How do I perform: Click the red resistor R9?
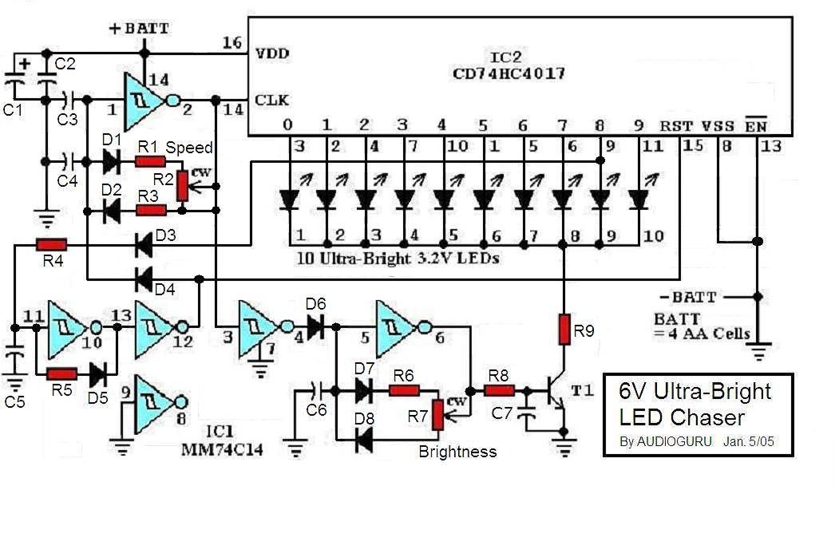coord(564,330)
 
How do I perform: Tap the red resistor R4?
coord(51,245)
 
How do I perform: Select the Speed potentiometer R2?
coord(183,186)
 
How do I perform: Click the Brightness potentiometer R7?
coord(437,416)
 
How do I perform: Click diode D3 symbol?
coord(144,245)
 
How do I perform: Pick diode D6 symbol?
coord(315,326)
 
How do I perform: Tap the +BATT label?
coord(139,29)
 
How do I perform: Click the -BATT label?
coord(687,297)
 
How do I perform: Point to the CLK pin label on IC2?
coord(272,100)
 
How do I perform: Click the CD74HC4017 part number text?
coord(509,73)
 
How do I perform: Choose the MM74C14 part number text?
coord(222,449)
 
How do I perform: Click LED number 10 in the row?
coord(639,199)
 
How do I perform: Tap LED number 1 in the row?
coord(289,199)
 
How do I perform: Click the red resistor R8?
coord(499,391)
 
